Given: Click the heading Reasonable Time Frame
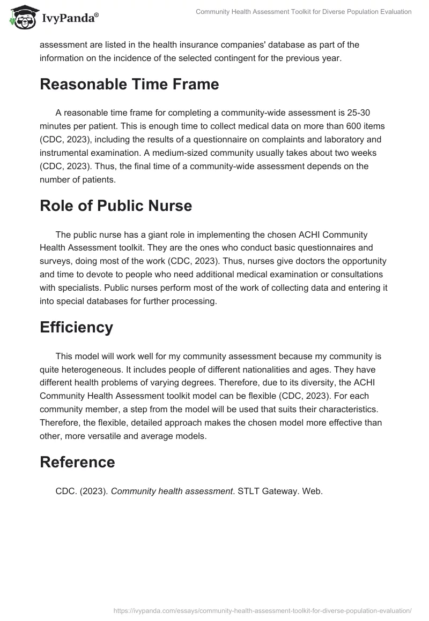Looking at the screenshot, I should [129, 85].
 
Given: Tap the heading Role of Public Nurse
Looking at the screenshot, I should [116, 206].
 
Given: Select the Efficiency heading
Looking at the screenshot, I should [76, 327].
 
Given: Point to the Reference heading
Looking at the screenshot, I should [77, 462].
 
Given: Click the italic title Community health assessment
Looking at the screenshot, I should [171, 490].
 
